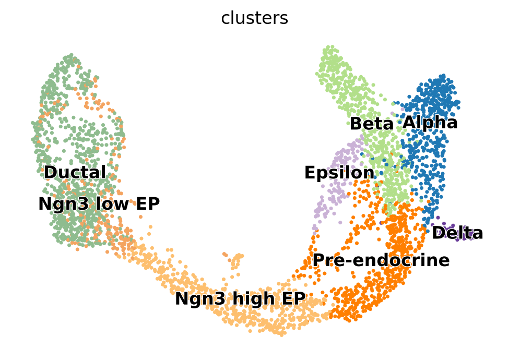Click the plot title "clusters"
pos(254,18)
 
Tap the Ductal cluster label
pos(75,172)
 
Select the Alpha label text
pos(430,123)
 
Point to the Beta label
pos(371,124)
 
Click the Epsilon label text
pos(339,173)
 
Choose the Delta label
pos(457,233)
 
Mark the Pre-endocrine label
pos(381,260)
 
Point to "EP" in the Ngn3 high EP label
pos(294,299)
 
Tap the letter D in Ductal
pos(50,172)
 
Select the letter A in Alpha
pos(409,123)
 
